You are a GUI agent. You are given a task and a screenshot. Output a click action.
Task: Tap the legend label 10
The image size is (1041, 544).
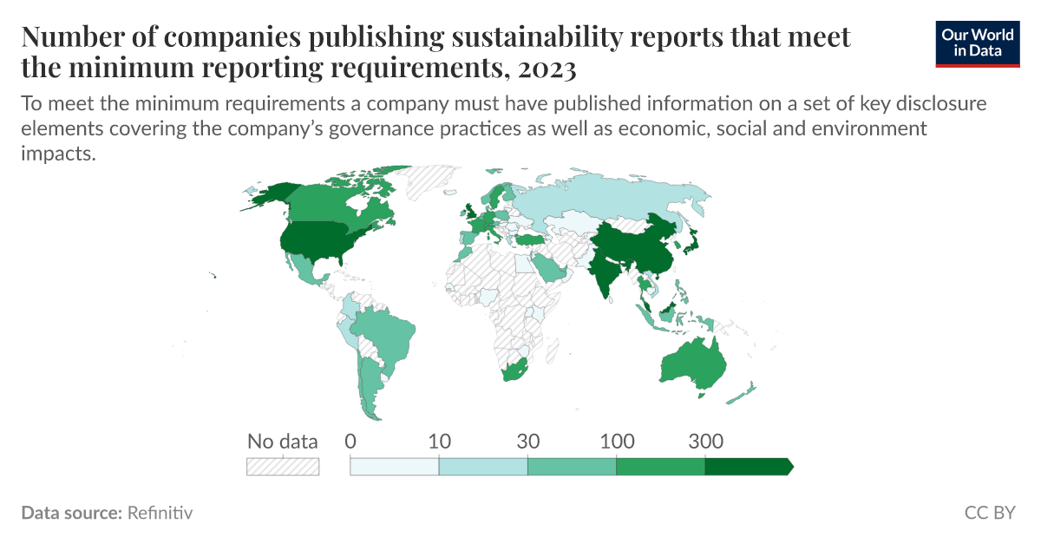tap(439, 441)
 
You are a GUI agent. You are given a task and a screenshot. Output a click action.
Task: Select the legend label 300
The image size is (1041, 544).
tap(705, 441)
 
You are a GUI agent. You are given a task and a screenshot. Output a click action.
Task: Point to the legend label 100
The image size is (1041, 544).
tap(617, 441)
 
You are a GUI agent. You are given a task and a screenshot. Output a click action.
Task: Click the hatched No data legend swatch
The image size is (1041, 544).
tap(283, 466)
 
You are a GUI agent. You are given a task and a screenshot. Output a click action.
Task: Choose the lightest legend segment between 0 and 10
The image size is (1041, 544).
tap(395, 466)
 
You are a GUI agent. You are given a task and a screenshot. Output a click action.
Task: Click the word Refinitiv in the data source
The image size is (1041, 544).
tap(160, 513)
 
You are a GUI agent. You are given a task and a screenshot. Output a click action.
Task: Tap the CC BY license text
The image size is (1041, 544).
tap(989, 513)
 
